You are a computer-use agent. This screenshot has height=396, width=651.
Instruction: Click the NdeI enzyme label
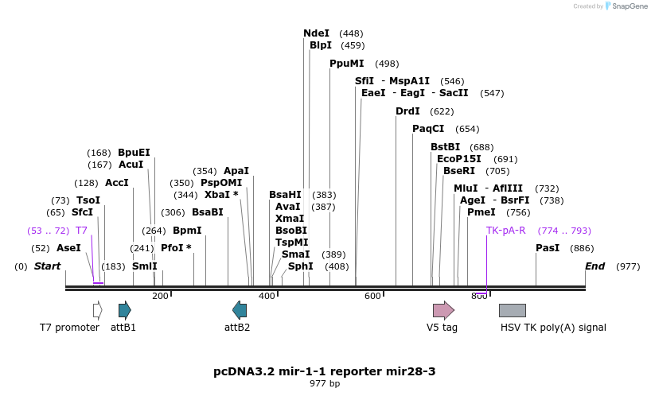tap(316, 33)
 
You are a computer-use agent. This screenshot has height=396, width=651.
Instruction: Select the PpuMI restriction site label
tap(346, 64)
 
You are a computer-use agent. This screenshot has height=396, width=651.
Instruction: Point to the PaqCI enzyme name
tap(428, 129)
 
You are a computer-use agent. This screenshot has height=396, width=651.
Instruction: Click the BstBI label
tap(445, 147)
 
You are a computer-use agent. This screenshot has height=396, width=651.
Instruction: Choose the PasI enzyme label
tap(548, 248)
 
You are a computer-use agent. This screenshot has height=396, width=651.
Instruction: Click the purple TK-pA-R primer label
tap(505, 231)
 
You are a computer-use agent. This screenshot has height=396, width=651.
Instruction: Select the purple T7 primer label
tap(81, 231)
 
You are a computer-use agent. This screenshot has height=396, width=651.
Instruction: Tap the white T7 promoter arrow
tap(97, 310)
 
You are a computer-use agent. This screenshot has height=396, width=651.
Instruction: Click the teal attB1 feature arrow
tap(124, 310)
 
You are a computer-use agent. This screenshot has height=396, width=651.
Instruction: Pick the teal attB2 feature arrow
tap(239, 310)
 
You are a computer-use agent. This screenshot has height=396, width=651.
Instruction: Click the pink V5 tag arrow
tap(443, 310)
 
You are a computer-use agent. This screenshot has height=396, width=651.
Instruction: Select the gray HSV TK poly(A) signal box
tap(512, 310)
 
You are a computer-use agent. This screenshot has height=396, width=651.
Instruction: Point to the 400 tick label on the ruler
tap(267, 296)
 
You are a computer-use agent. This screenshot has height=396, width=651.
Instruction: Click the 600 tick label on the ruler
tap(372, 296)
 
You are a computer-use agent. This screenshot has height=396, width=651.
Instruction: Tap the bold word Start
tap(47, 266)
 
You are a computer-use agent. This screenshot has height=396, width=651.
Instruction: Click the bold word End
tap(594, 266)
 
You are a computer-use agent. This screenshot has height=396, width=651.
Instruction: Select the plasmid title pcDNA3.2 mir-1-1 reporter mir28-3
tap(325, 371)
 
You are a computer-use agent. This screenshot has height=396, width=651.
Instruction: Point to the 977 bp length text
tap(325, 383)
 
